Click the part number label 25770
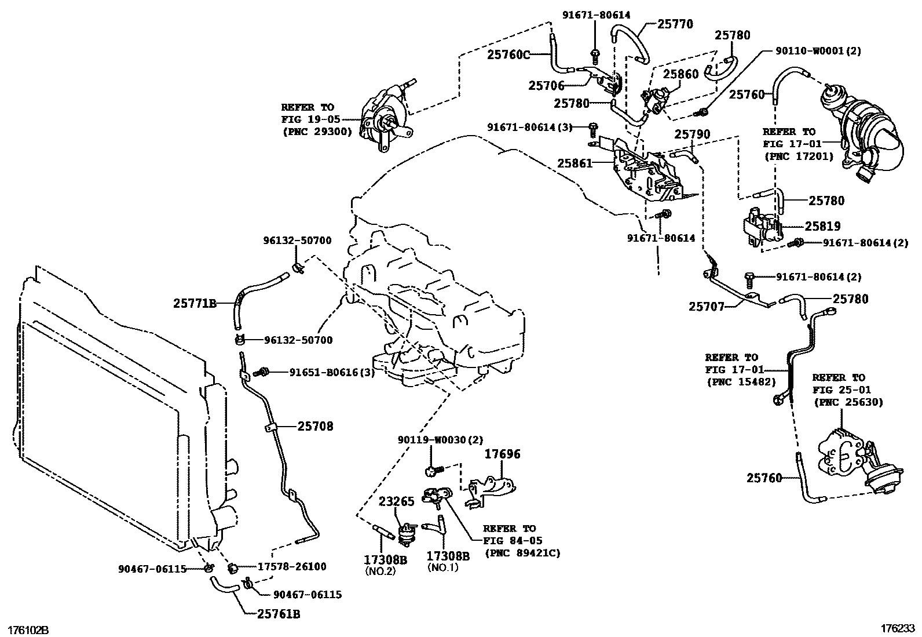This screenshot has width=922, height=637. click(x=675, y=24)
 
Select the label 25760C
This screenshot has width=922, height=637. click(x=508, y=54)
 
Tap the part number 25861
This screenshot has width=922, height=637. click(x=575, y=163)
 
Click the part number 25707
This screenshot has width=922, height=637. click(x=707, y=307)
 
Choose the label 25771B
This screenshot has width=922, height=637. click(x=195, y=303)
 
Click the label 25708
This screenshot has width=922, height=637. click(x=316, y=427)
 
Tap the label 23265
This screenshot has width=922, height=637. click(x=397, y=502)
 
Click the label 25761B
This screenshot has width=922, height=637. click(x=279, y=614)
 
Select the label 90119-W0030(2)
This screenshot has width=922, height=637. click(x=440, y=441)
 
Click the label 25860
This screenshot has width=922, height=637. click(x=680, y=74)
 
